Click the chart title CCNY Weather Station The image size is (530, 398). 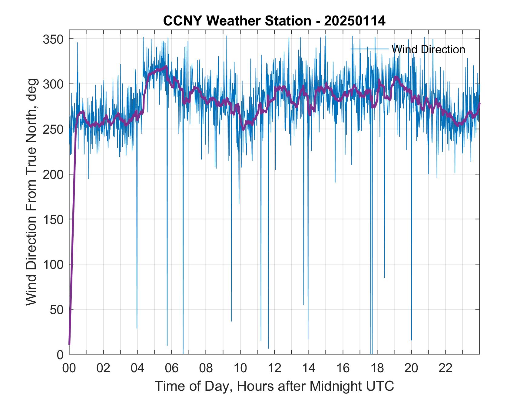(x=237, y=21)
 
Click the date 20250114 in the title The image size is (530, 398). (x=355, y=21)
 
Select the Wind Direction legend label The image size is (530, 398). (x=428, y=49)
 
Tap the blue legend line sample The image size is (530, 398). (x=369, y=49)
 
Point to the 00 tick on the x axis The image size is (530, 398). (x=69, y=369)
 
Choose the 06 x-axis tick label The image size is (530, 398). (x=171, y=369)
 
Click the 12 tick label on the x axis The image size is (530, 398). (x=274, y=369)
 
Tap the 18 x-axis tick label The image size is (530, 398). (x=377, y=369)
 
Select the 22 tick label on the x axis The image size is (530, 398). (x=446, y=369)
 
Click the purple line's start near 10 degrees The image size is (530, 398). (x=69, y=344)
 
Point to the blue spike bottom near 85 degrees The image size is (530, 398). (x=384, y=277)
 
